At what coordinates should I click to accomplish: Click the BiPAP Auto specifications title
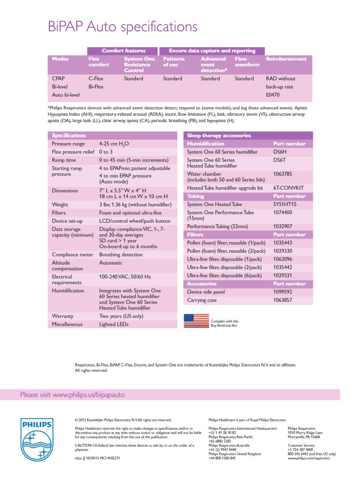(x=122, y=27)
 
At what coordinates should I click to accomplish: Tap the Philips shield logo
(x=37, y=439)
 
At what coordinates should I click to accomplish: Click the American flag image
(x=196, y=321)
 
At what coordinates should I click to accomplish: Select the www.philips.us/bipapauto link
(x=88, y=395)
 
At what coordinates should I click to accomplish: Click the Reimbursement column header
(x=286, y=59)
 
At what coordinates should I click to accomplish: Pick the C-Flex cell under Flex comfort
(x=96, y=78)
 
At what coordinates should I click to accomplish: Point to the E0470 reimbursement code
(x=272, y=95)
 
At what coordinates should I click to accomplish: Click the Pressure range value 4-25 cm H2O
(x=114, y=144)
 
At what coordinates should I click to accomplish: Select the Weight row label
(x=60, y=205)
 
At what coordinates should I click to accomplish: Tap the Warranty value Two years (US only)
(x=121, y=316)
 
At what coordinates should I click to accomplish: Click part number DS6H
(x=280, y=152)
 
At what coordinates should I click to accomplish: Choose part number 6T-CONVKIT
(x=288, y=188)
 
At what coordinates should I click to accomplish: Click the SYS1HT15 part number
(x=285, y=204)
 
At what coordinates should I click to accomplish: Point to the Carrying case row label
(x=202, y=300)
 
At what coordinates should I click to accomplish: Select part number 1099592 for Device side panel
(x=282, y=292)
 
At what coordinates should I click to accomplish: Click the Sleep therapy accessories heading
(x=219, y=135)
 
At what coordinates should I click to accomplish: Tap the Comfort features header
(x=123, y=51)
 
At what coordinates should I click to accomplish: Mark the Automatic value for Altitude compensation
(x=111, y=263)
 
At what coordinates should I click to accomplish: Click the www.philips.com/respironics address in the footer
(x=309, y=458)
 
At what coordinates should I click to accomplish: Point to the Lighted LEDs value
(x=114, y=324)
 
